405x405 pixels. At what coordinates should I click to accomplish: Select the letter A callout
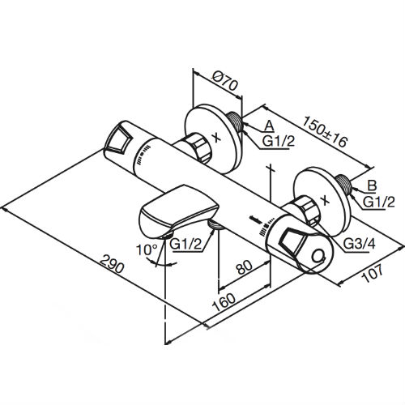pos(271,125)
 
